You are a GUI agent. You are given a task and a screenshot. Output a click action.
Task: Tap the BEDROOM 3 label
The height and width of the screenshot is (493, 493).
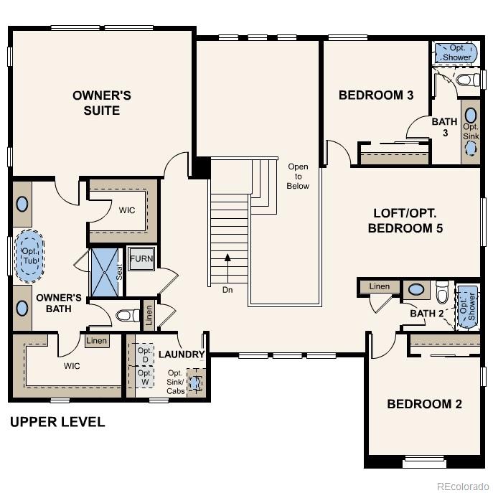[x=376, y=95]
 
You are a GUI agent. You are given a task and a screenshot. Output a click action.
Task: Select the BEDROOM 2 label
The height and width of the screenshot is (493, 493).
[x=424, y=404]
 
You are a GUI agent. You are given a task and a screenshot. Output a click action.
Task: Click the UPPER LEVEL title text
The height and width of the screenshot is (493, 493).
[x=57, y=422]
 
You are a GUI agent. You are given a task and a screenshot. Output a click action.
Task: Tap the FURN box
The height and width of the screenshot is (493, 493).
[x=141, y=259]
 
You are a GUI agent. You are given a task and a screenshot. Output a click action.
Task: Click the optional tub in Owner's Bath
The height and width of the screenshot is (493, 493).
[x=29, y=255]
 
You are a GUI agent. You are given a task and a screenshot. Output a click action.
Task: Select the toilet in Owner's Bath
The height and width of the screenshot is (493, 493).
[x=128, y=315]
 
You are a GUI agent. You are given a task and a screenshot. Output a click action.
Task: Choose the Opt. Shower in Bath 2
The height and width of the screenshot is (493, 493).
[x=467, y=306]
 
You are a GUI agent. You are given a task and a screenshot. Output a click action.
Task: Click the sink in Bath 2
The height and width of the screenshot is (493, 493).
[x=415, y=291]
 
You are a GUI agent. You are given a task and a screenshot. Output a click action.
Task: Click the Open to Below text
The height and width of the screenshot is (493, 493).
[x=298, y=177]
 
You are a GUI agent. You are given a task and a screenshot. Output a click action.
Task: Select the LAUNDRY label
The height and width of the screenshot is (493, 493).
[x=182, y=355]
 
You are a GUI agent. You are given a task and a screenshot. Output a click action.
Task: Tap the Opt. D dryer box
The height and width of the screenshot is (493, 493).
[x=145, y=354]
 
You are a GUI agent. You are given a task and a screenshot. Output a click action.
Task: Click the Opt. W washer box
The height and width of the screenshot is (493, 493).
[x=145, y=378]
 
